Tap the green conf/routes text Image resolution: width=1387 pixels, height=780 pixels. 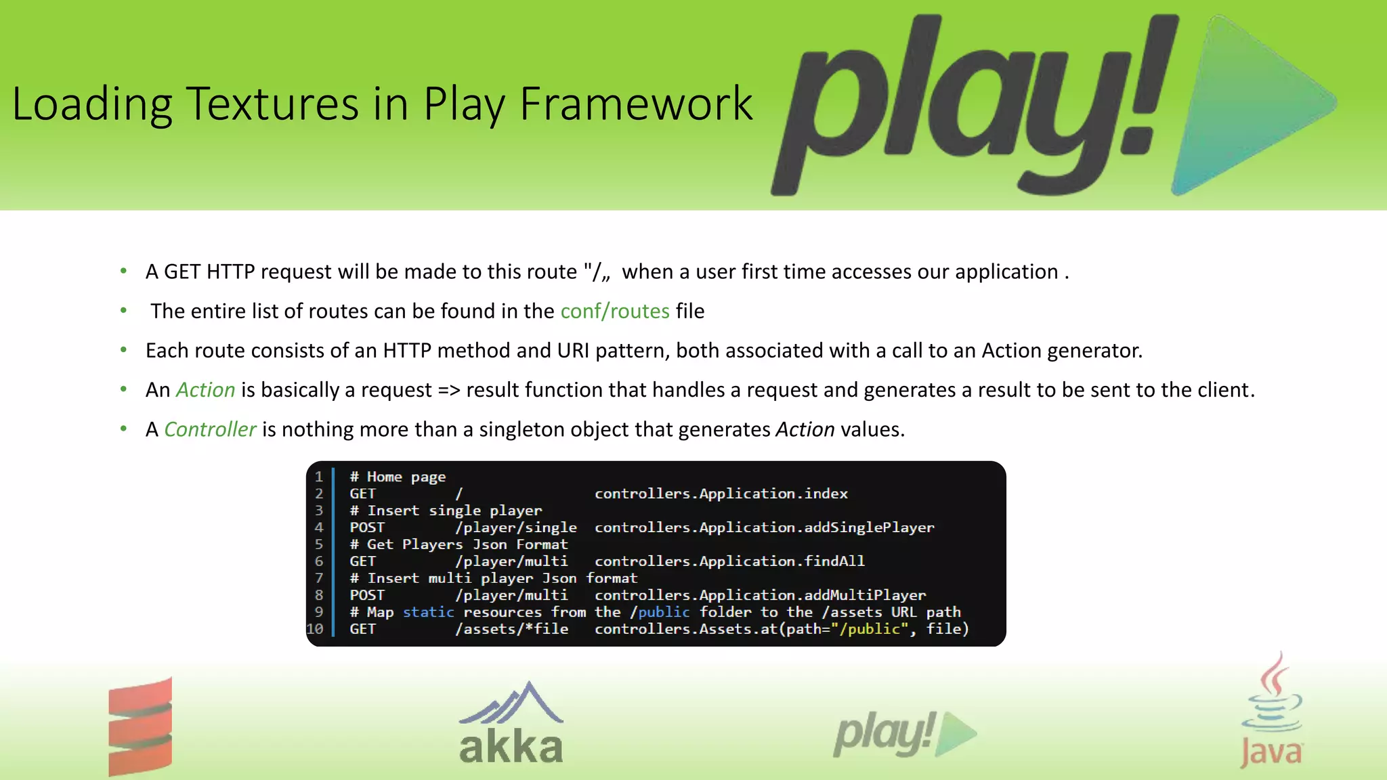click(614, 311)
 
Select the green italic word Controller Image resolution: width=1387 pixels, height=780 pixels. click(209, 429)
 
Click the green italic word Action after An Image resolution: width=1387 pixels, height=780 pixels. click(205, 390)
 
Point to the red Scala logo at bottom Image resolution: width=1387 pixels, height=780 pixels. click(140, 726)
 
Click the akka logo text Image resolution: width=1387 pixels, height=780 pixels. click(511, 747)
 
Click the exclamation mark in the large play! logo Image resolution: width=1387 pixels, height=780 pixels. click(1145, 88)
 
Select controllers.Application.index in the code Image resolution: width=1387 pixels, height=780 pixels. click(721, 494)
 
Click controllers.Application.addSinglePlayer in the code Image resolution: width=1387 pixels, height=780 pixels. click(764, 527)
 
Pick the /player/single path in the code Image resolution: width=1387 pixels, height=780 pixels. click(516, 527)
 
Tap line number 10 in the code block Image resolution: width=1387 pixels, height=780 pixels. click(315, 629)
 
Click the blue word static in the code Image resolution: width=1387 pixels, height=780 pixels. click(428, 612)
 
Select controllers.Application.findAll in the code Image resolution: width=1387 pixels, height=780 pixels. click(729, 561)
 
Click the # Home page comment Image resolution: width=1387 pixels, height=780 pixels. click(398, 477)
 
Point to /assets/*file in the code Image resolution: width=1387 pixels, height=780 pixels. click(512, 629)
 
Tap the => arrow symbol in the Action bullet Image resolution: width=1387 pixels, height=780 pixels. click(448, 390)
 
